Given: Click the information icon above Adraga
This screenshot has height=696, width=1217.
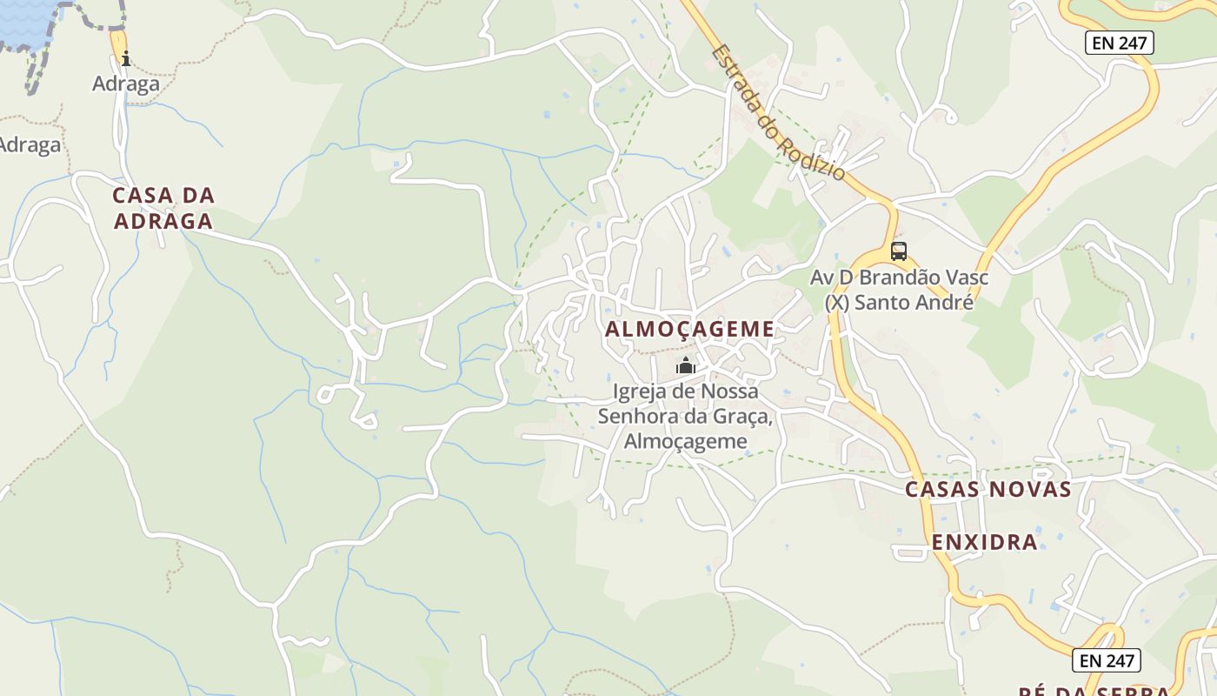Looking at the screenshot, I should pos(126,59).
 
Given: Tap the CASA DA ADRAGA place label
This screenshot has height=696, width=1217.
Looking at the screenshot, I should pos(163,208).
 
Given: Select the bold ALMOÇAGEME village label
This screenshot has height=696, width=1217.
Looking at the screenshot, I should pos(689,329).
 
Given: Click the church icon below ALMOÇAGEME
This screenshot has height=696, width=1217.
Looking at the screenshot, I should pos(686,365).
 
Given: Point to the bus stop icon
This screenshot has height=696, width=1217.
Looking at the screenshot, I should pos(899,251).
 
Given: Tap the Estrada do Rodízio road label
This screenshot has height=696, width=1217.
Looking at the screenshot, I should pos(778,113).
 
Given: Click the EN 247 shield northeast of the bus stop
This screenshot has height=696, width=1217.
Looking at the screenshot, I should pos(1119,43).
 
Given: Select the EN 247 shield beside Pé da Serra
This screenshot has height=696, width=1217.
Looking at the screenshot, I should pos(1107,660).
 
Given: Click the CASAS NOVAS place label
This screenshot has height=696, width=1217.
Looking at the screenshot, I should pos(988,489).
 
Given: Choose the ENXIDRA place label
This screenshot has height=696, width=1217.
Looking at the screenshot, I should pos(985,542).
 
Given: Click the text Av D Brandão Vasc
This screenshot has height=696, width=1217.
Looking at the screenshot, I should pos(899,278).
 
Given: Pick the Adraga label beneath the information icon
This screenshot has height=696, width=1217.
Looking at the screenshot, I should pos(126,84).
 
